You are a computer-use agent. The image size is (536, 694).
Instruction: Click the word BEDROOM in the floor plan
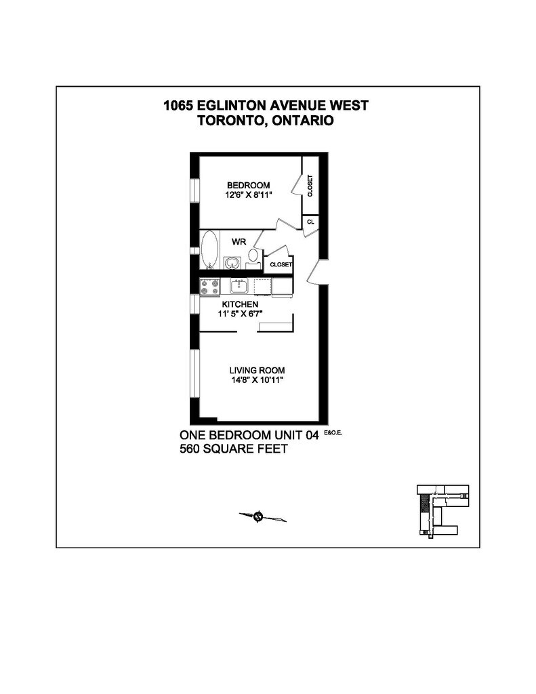coord(248,185)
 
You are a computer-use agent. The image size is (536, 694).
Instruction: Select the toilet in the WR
coord(253,256)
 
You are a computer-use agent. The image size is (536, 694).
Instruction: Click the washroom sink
coord(232,262)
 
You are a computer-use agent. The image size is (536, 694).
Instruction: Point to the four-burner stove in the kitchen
coord(209,287)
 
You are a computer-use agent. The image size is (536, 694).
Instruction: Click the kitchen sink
coord(239,285)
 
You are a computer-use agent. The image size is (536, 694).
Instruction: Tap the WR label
coord(239,241)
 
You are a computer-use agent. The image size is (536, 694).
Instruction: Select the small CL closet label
coord(310,222)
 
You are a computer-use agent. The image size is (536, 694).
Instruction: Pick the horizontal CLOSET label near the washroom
coord(281,264)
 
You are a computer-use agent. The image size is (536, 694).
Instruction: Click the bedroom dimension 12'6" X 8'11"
coord(248,195)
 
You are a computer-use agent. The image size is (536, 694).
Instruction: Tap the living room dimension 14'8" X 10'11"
coord(256,380)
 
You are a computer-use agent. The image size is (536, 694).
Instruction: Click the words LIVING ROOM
coord(257,370)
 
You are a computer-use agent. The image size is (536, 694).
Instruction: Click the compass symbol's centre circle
coord(259,518)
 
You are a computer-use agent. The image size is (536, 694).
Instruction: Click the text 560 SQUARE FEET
coord(228,449)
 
